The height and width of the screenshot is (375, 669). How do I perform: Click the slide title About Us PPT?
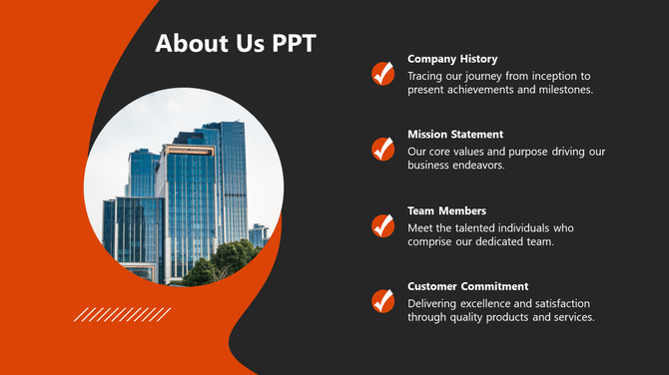(236, 44)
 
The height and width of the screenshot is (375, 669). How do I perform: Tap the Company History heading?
(452, 59)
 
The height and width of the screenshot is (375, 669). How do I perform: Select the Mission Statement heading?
(455, 135)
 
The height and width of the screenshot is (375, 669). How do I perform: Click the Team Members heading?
(446, 210)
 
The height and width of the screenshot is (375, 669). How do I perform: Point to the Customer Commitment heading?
(468, 286)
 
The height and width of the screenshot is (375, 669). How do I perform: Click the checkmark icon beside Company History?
(382, 73)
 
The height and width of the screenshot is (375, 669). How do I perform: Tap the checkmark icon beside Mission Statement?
(382, 149)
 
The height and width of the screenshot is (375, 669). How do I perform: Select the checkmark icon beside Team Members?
(382, 224)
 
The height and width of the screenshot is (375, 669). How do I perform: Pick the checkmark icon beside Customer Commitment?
(382, 300)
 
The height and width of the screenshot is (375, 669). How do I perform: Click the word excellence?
(490, 302)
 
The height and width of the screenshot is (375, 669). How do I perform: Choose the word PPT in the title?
(295, 44)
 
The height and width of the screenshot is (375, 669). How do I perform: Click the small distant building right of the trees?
(259, 235)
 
